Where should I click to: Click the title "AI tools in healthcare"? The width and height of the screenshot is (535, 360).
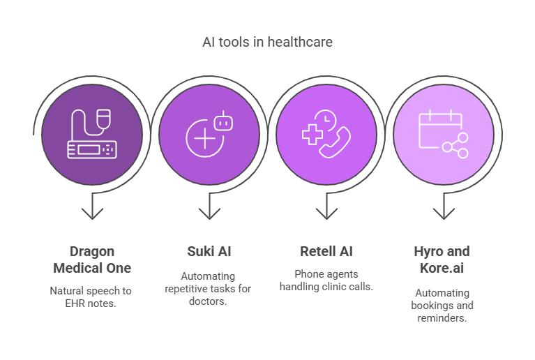tap(267, 42)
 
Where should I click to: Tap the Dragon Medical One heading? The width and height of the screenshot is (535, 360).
tap(92, 260)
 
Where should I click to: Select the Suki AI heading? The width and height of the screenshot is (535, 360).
tap(209, 251)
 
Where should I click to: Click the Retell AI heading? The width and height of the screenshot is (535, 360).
tap(326, 251)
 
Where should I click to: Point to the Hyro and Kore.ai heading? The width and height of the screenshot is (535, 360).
tap(442, 260)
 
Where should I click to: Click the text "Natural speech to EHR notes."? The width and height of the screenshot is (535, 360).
tap(91, 297)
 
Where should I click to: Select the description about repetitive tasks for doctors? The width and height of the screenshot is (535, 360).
tap(208, 289)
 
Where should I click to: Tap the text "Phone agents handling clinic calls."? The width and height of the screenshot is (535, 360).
tap(326, 280)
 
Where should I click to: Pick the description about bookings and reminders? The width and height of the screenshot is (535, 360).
tap(442, 306)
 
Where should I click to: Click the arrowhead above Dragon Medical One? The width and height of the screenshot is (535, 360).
tap(92, 213)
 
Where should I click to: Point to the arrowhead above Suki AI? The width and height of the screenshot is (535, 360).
tap(209, 213)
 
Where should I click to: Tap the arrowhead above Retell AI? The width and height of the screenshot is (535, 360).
tap(326, 213)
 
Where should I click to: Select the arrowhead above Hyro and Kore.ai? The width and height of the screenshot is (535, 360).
tap(444, 213)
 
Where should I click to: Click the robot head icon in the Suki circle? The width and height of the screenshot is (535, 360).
tap(223, 121)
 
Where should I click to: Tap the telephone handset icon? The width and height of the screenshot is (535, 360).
tap(335, 142)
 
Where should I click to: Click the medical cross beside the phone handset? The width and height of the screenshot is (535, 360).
tap(312, 135)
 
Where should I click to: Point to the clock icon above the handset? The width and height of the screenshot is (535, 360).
tap(326, 120)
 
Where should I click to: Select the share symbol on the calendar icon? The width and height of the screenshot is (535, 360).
tap(455, 146)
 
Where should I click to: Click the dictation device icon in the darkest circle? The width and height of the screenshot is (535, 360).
tap(92, 134)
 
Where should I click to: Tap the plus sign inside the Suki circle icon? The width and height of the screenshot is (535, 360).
tap(204, 138)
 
